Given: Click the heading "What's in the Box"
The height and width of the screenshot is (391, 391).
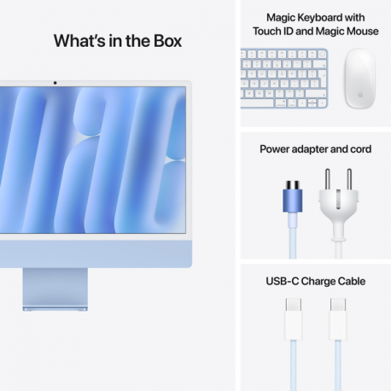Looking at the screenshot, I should click(x=117, y=40).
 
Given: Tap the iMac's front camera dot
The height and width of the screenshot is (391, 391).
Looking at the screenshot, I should click(x=55, y=83).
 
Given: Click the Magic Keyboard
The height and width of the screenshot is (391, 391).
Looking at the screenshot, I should click(x=283, y=78).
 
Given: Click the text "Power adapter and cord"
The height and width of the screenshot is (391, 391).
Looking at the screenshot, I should click(x=315, y=149).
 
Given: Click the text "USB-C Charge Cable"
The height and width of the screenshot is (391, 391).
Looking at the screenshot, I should click(x=315, y=281).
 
